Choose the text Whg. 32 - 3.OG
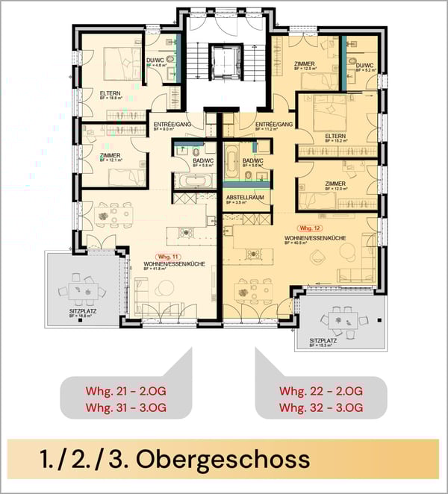coord(321,407)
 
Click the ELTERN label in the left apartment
coord(111,93)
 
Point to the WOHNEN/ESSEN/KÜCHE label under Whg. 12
coord(314,238)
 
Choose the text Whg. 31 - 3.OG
coord(125,407)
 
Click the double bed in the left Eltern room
coord(116,60)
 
